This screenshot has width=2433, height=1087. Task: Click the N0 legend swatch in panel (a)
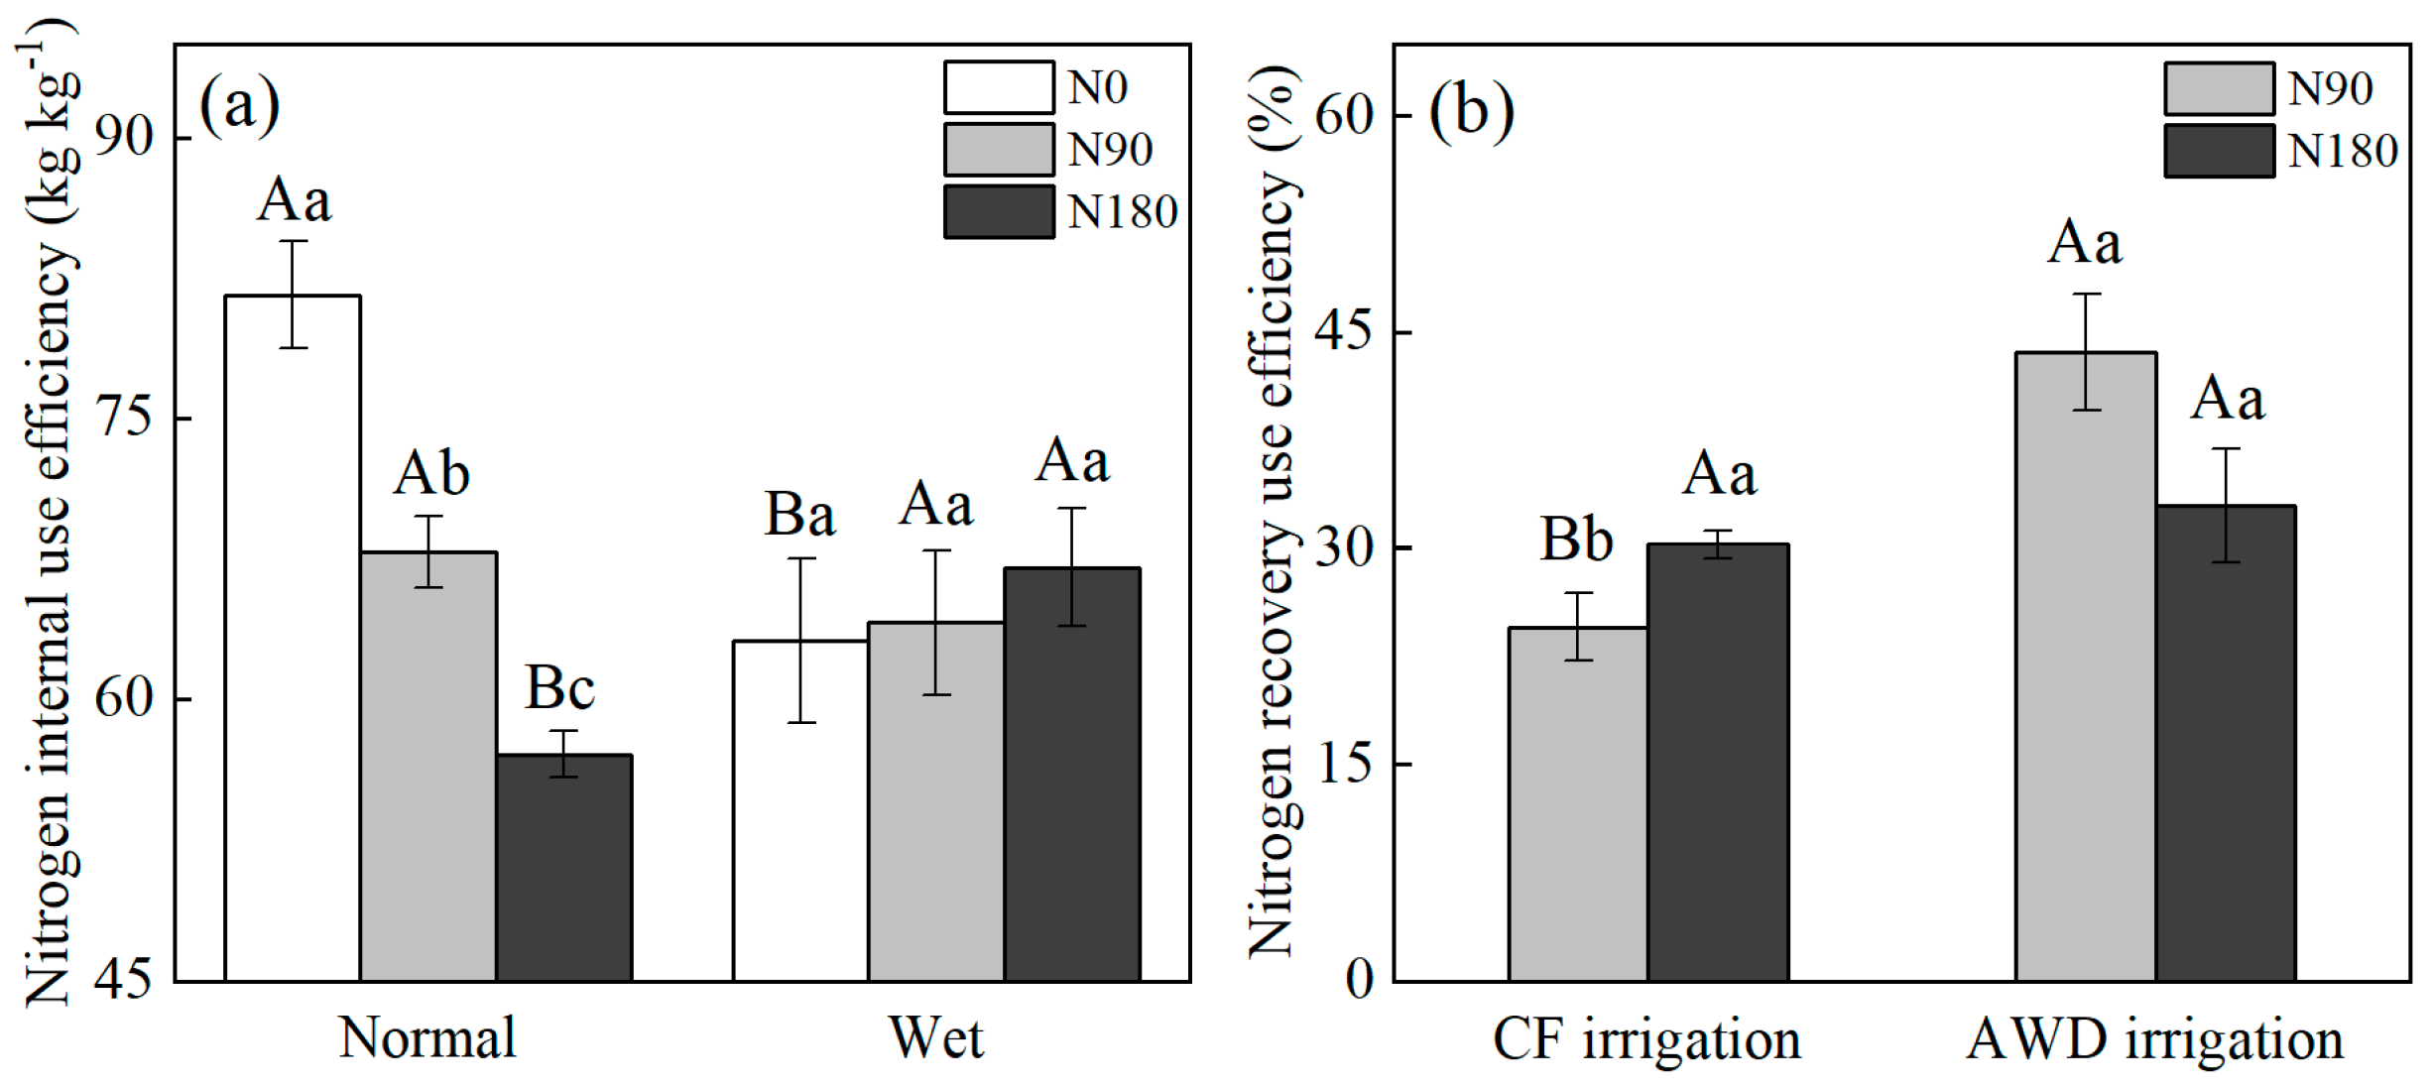pyautogui.click(x=999, y=87)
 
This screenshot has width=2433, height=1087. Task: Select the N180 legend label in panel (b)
pyautogui.click(x=2342, y=152)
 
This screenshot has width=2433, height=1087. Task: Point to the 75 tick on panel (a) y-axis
pyautogui.click(x=125, y=418)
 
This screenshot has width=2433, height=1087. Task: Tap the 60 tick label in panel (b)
pyautogui.click(x=1344, y=115)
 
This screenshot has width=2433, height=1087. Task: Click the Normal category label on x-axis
pyautogui.click(x=427, y=1038)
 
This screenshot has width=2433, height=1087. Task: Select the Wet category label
pyautogui.click(x=936, y=1038)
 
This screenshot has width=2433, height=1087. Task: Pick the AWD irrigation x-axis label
pyautogui.click(x=2154, y=1040)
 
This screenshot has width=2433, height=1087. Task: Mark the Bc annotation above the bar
pyautogui.click(x=559, y=687)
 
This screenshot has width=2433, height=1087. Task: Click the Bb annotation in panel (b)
pyautogui.click(x=1576, y=540)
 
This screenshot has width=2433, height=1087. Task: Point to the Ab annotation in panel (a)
pyautogui.click(x=431, y=473)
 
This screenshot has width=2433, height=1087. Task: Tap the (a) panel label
pyautogui.click(x=239, y=104)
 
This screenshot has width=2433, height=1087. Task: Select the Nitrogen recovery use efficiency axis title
pyautogui.click(x=1272, y=511)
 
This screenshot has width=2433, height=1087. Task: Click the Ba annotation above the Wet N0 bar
pyautogui.click(x=799, y=515)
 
